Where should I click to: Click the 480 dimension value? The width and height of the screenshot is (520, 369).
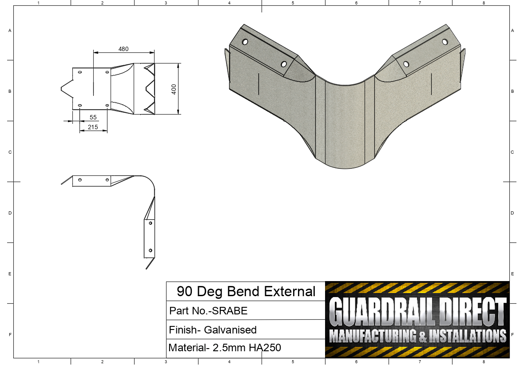click(x=123, y=49)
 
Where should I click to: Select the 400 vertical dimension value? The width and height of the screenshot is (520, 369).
click(x=174, y=88)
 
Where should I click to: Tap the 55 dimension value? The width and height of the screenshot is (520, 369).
click(x=93, y=117)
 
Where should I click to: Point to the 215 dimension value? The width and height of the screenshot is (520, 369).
click(x=93, y=127)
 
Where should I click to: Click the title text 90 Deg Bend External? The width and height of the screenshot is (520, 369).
click(x=246, y=292)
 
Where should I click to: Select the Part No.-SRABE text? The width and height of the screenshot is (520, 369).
click(x=208, y=311)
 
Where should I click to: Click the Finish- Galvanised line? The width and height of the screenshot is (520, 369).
click(x=213, y=330)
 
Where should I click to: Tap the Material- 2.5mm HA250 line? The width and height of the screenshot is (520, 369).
click(x=225, y=348)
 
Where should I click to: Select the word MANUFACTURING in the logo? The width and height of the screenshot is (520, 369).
click(x=371, y=336)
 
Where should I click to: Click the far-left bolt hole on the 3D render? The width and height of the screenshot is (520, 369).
click(x=245, y=42)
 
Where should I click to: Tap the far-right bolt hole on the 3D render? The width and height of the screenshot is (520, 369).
click(x=445, y=42)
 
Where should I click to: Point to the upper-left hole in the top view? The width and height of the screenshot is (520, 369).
click(x=80, y=72)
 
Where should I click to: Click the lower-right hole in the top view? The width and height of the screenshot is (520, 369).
click(x=107, y=105)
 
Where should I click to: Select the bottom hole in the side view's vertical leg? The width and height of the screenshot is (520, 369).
click(x=151, y=250)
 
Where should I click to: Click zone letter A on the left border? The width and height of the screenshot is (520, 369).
click(x=10, y=31)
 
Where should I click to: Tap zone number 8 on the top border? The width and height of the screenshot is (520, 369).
click(x=484, y=3)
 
